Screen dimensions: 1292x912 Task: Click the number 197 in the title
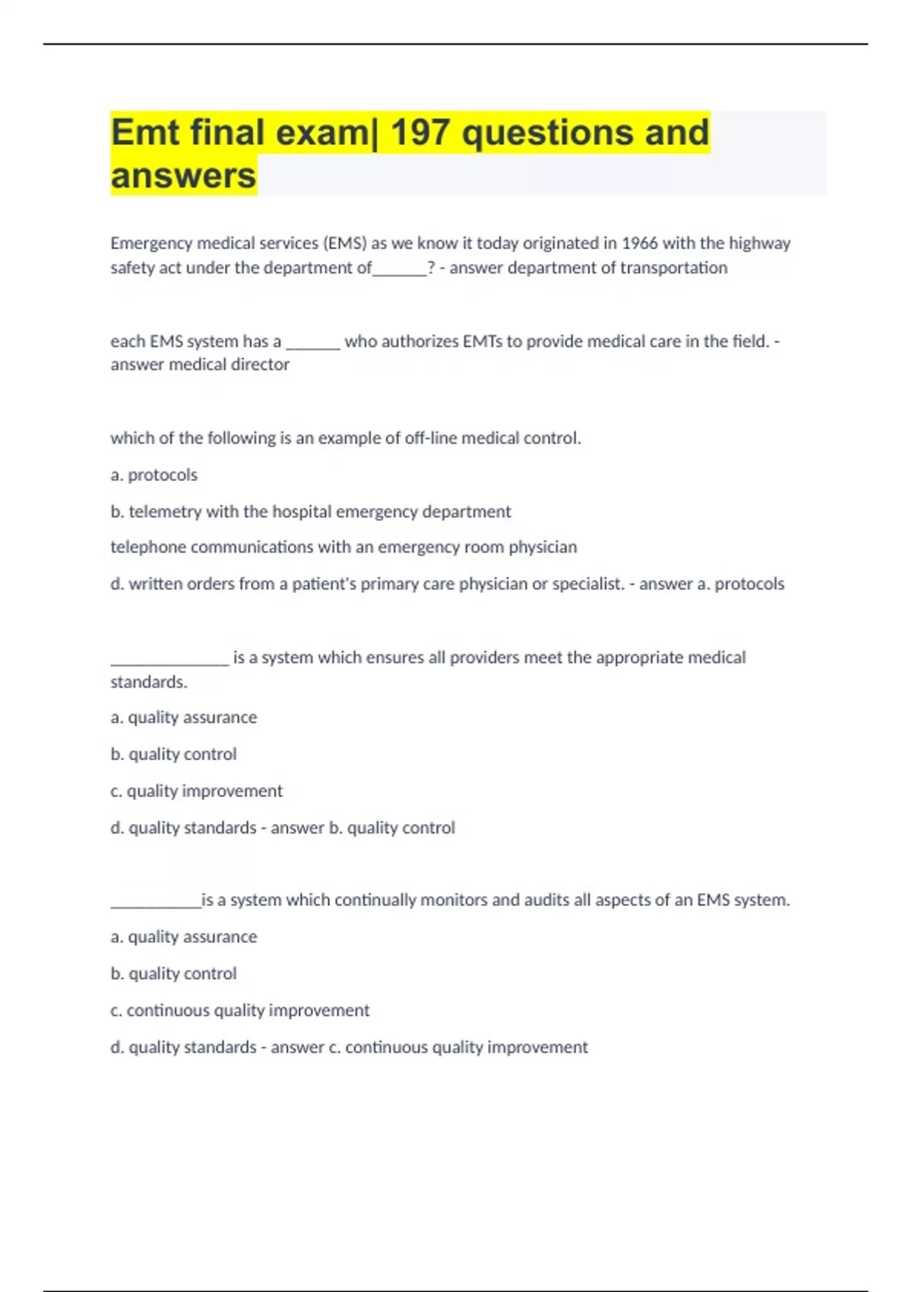coord(420,133)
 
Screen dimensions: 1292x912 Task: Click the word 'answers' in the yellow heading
coord(183,176)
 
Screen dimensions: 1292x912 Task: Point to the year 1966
coord(639,243)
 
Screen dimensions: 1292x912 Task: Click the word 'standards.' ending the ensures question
coord(149,682)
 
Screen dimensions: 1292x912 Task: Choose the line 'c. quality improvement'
coord(196,791)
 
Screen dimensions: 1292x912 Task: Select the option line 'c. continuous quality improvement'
coord(239,1011)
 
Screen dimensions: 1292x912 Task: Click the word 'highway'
coord(759,243)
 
